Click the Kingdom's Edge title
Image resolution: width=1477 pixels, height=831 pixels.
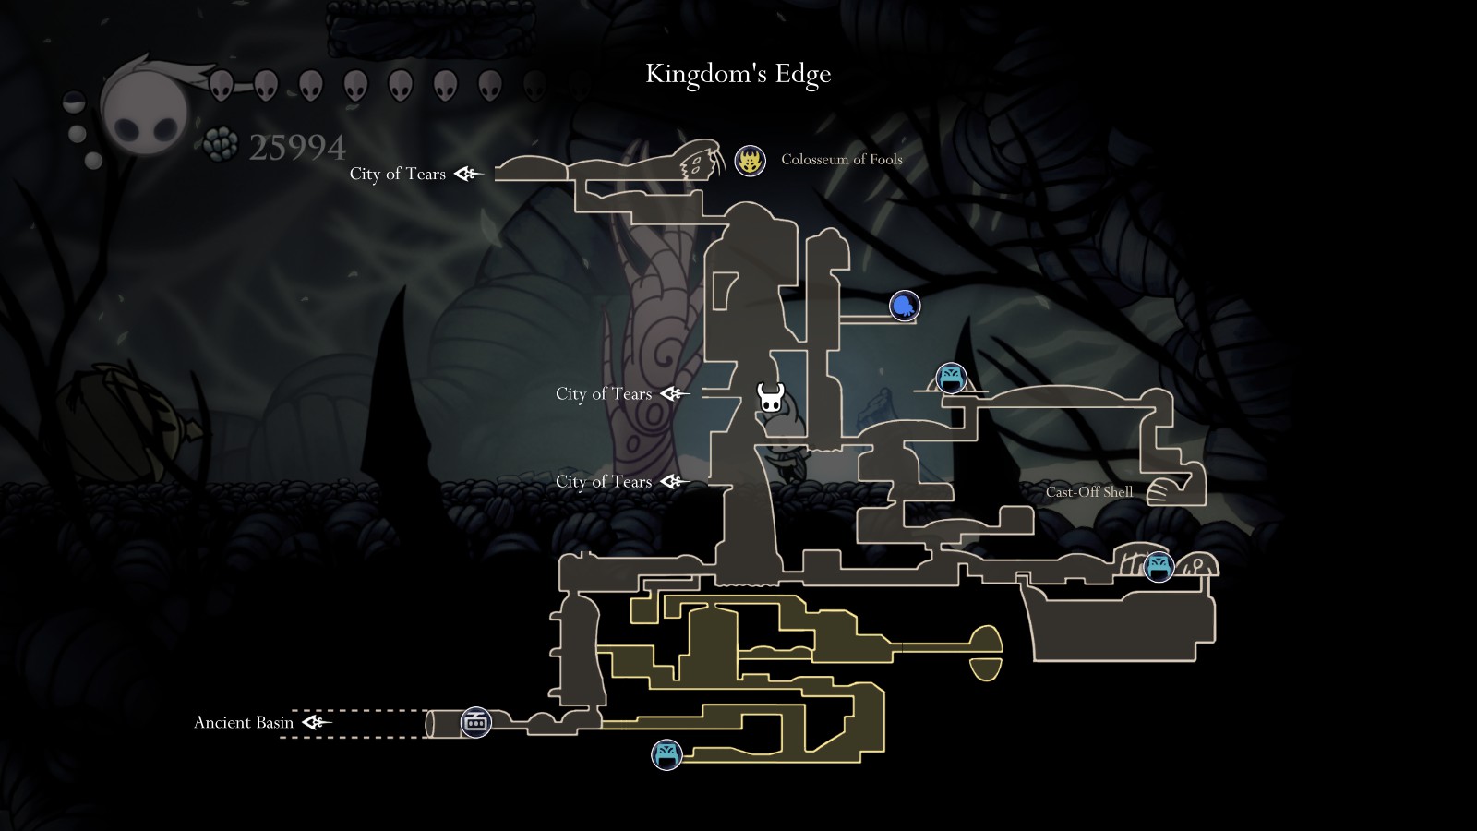[738, 74]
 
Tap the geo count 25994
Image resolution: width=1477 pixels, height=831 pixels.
[296, 147]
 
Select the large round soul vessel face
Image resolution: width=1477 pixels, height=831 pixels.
[145, 111]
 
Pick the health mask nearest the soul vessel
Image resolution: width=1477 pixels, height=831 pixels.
[221, 86]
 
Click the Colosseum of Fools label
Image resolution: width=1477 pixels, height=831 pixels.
[841, 159]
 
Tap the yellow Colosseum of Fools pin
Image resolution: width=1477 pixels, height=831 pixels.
[750, 161]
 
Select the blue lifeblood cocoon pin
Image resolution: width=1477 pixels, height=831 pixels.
[905, 306]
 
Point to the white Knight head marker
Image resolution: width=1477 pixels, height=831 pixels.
[771, 398]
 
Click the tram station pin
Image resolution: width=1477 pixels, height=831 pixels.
[476, 722]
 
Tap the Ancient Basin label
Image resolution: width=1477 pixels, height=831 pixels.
[244, 722]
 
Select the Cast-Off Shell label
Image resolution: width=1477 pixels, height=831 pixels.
[1088, 491]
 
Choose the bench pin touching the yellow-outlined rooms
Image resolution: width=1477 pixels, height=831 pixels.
[666, 754]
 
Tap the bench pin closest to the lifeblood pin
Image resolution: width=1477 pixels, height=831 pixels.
[951, 378]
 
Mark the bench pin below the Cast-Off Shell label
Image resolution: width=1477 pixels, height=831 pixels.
[1158, 566]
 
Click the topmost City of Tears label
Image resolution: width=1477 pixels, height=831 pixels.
[397, 174]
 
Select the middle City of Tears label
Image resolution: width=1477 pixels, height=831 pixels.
[604, 393]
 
